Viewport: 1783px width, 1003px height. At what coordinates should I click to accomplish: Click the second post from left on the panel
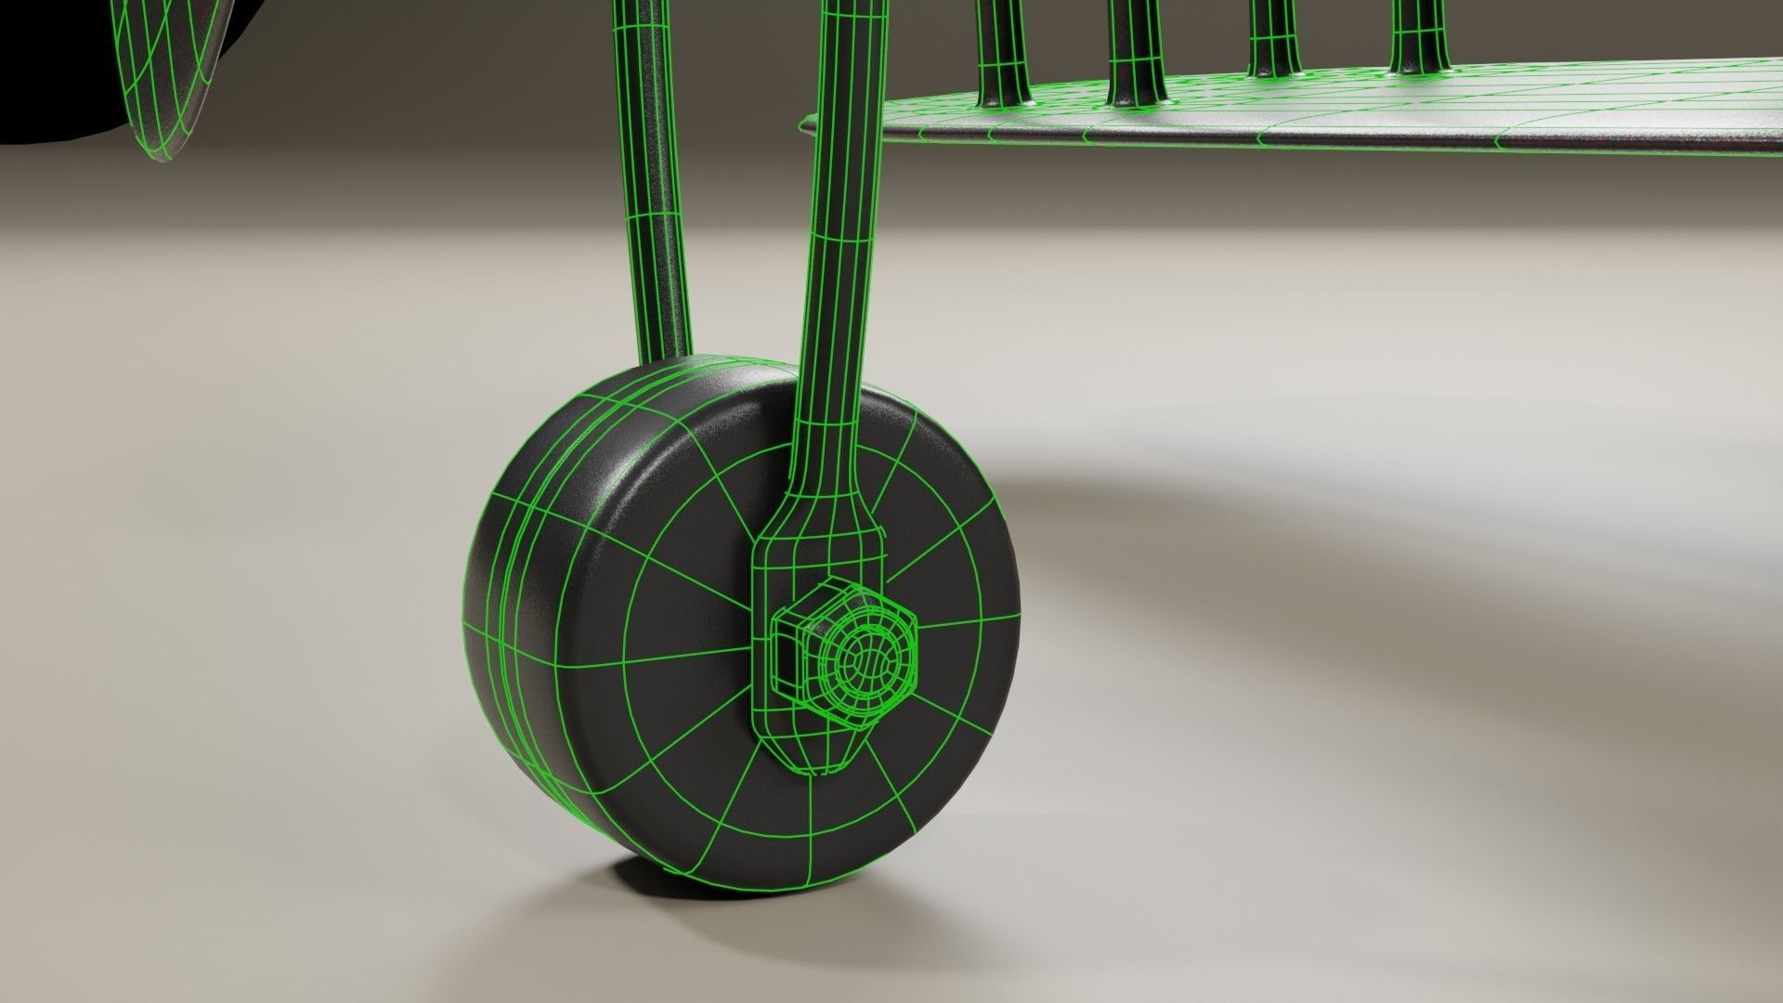[x=1135, y=46]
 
